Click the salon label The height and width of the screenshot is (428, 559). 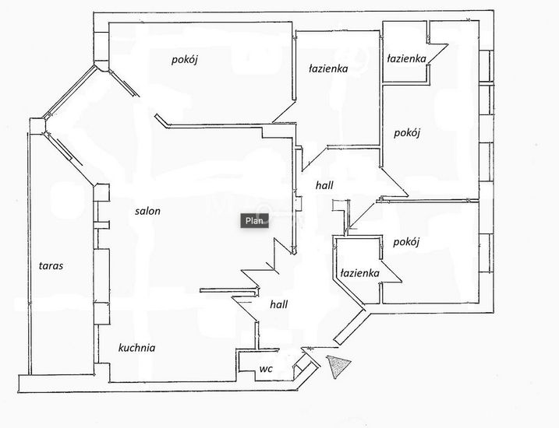click(147, 211)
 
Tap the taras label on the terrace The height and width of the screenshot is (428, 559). click(51, 266)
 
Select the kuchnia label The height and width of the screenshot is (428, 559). click(137, 348)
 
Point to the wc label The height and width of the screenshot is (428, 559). click(266, 369)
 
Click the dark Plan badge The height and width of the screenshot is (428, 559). click(254, 221)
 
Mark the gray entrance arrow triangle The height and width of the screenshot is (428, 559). click(338, 366)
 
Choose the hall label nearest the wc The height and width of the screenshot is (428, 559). click(279, 304)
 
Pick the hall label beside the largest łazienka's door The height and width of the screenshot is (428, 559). click(324, 185)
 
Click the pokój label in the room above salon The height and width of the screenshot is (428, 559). click(184, 59)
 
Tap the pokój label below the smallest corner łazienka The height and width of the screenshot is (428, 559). click(407, 133)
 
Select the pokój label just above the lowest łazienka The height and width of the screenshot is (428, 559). click(406, 242)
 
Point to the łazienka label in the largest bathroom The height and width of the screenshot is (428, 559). click(328, 68)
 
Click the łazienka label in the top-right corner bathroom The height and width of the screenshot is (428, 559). click(406, 58)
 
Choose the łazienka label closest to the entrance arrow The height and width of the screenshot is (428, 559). click(359, 273)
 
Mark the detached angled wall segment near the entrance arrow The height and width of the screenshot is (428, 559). click(349, 327)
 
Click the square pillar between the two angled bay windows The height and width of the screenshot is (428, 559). click(37, 126)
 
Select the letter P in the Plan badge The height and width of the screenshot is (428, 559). click(248, 221)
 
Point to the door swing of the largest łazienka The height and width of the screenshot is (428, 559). click(284, 111)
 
